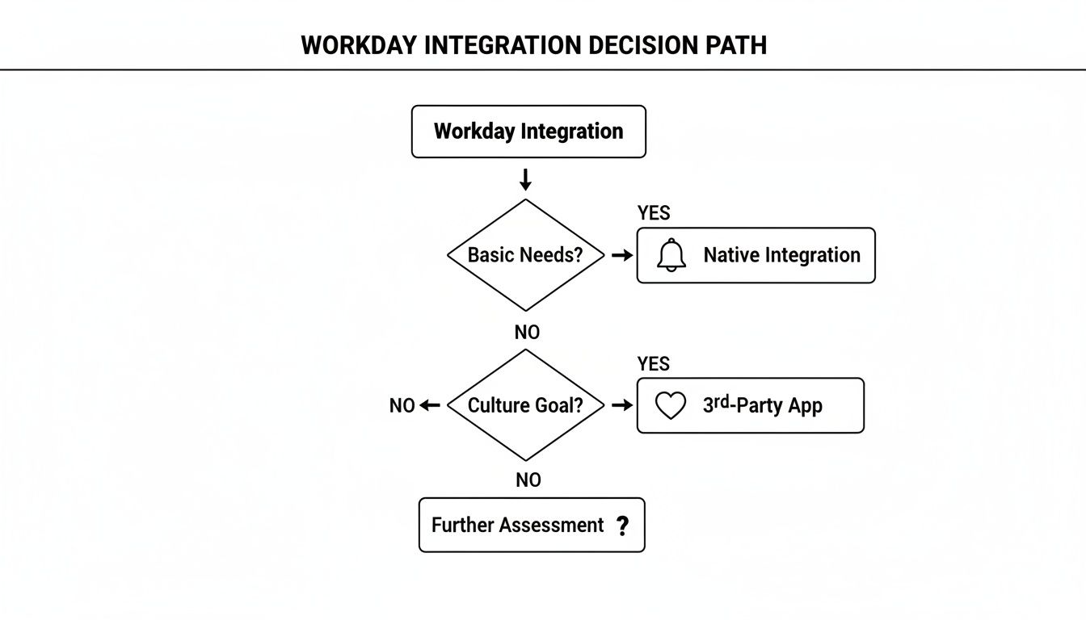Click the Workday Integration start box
(528, 132)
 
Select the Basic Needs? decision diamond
(526, 255)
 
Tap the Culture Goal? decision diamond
(526, 405)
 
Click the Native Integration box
(756, 255)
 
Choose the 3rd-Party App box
(750, 405)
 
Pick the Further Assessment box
(532, 525)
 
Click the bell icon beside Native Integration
(671, 255)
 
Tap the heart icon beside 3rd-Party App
(670, 405)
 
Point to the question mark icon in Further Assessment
(621, 526)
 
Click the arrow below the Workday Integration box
(526, 179)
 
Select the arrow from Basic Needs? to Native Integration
(621, 255)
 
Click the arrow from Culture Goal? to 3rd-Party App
(621, 405)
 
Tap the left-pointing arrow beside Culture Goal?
(431, 405)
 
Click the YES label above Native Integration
(653, 213)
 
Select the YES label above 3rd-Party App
(653, 364)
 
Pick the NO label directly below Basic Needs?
(527, 332)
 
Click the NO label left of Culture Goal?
(402, 405)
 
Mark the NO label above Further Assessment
(528, 480)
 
